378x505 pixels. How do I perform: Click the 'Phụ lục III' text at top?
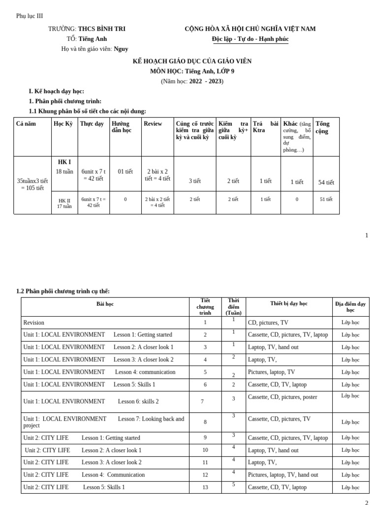(30, 16)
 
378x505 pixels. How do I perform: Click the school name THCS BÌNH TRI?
(101, 29)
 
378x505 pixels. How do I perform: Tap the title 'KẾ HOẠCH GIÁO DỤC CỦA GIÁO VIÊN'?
(192, 61)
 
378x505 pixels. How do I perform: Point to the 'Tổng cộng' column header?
(322, 127)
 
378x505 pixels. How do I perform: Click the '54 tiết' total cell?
(326, 182)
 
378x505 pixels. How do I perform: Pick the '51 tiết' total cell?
(326, 199)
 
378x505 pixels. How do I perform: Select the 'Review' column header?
(153, 124)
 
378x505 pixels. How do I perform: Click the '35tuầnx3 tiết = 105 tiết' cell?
(32, 184)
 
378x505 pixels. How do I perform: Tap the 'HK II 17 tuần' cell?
(64, 203)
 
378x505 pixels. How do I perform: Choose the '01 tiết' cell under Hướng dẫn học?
(125, 172)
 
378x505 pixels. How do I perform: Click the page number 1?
(366, 235)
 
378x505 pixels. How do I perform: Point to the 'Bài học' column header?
(105, 304)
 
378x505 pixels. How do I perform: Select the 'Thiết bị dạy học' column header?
(288, 304)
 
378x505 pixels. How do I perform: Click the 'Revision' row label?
(34, 323)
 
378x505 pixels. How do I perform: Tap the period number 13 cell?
(205, 487)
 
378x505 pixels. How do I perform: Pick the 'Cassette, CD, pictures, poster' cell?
(282, 397)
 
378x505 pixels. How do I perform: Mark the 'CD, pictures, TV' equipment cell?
(268, 323)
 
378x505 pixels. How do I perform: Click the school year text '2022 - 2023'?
(206, 81)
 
